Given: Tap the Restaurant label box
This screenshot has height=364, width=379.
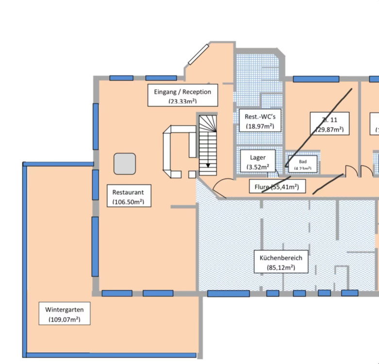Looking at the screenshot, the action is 128,196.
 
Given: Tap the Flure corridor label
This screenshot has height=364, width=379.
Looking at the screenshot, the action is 277,186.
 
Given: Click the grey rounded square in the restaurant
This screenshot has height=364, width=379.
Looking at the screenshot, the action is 125,164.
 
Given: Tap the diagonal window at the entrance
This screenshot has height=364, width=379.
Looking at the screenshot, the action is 198,54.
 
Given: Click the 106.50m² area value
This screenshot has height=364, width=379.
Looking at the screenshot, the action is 128,201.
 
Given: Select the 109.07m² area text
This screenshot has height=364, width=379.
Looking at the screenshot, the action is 64,319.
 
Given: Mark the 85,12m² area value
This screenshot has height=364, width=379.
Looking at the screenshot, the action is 280,267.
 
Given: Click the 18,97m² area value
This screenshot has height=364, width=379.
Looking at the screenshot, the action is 257,126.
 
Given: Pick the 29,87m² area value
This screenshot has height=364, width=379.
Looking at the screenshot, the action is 330,130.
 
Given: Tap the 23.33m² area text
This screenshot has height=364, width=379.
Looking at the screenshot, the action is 182,101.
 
